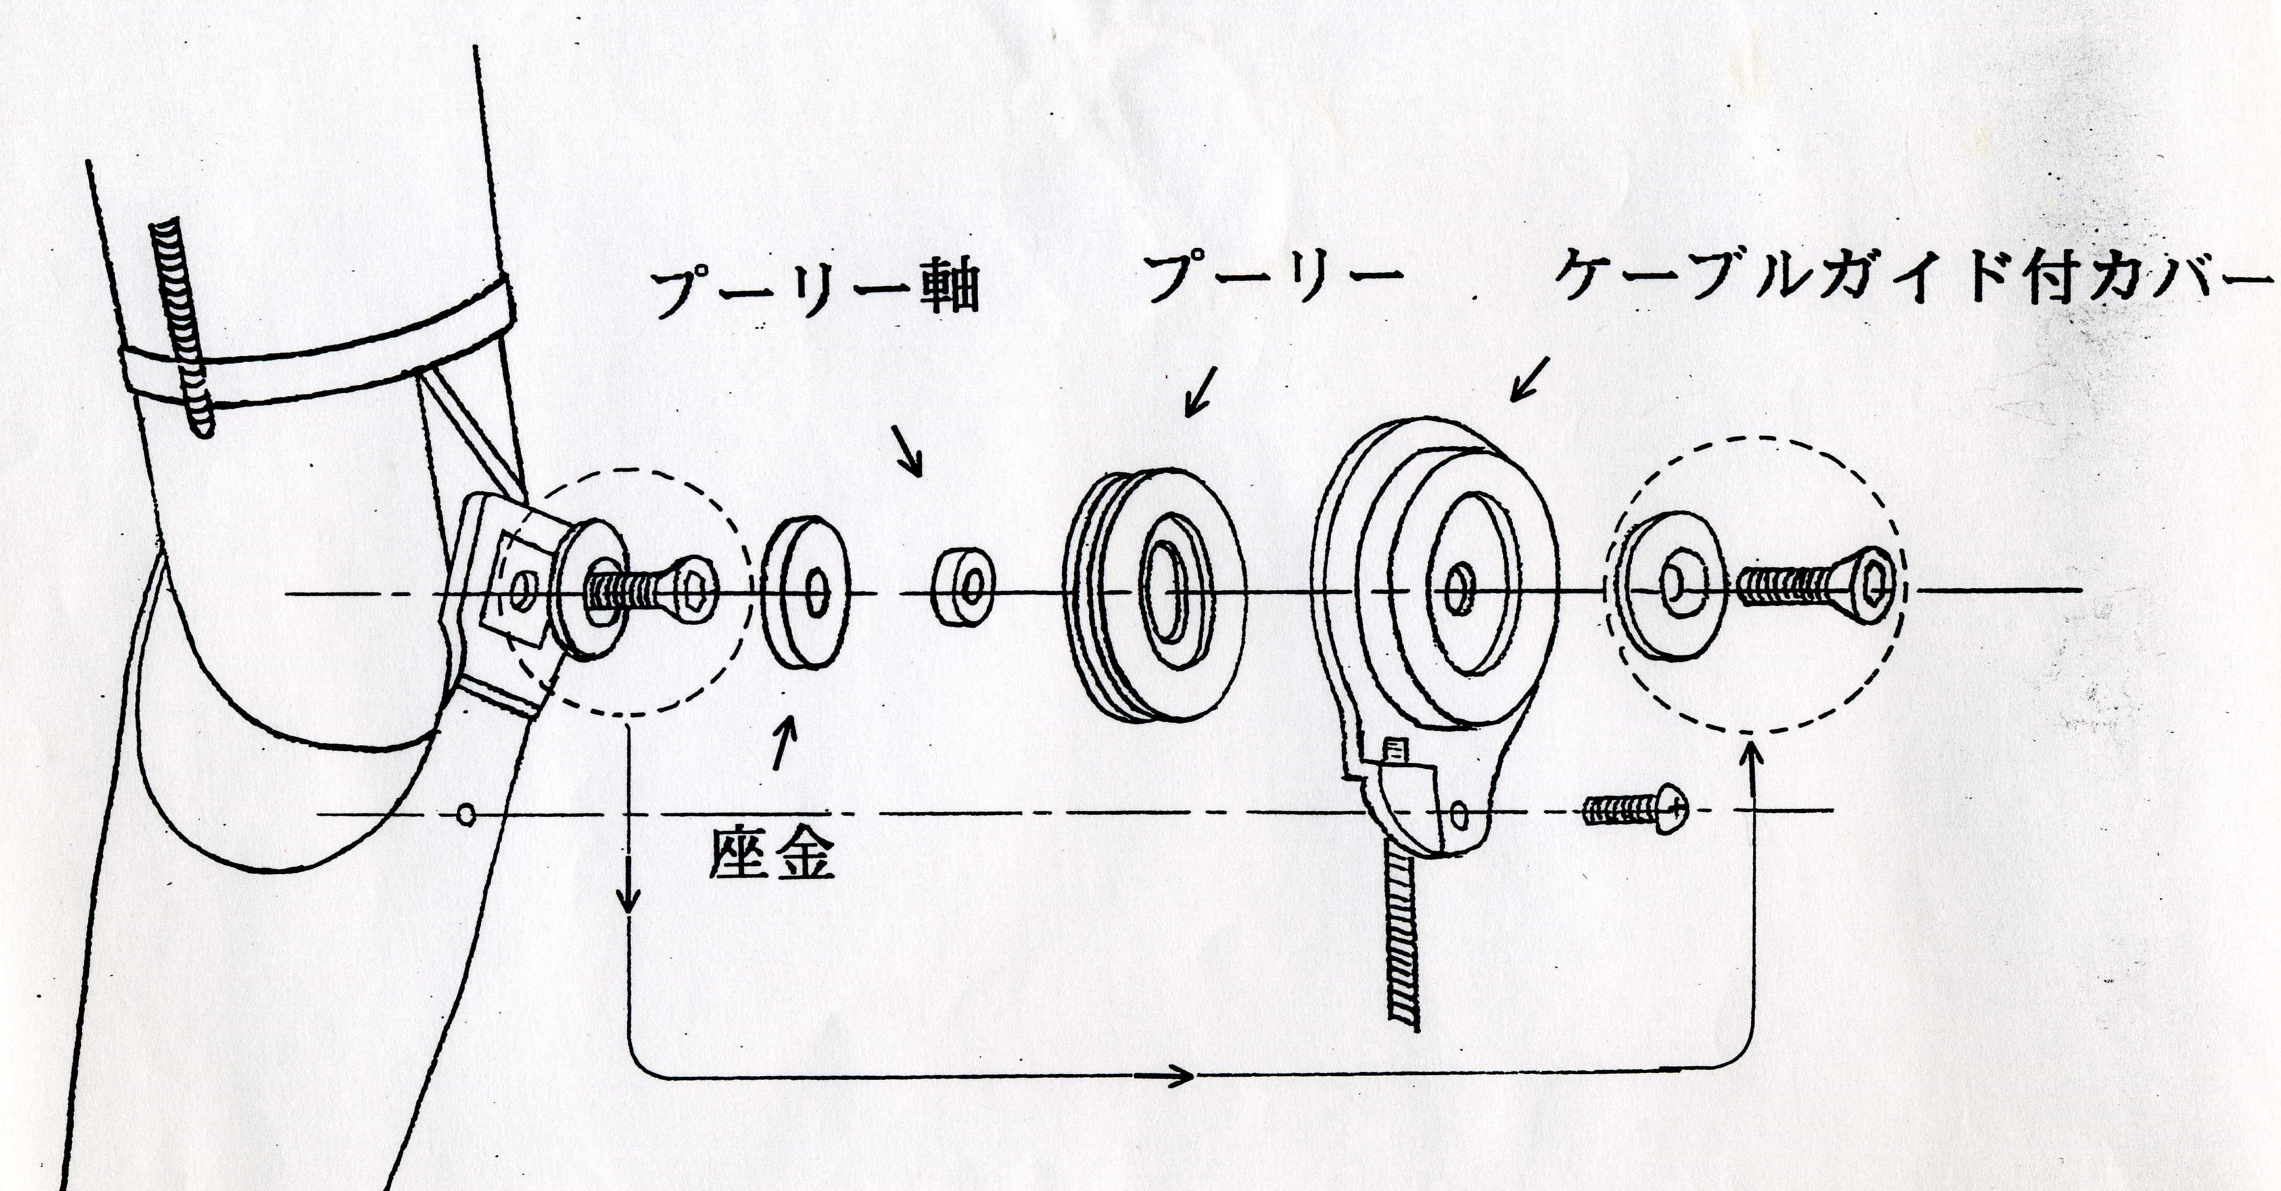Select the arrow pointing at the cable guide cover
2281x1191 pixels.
tap(1529, 379)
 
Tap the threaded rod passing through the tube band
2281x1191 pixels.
tap(183, 328)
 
